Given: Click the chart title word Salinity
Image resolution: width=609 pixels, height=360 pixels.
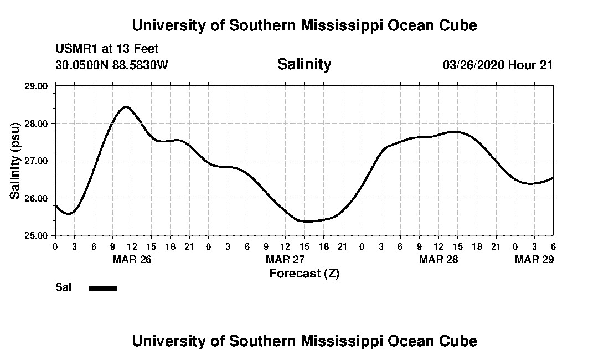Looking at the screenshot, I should [x=304, y=64].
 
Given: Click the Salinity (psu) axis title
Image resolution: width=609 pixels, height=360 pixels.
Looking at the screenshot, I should [x=16, y=161].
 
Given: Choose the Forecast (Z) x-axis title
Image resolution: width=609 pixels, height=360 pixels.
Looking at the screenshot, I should [x=304, y=274].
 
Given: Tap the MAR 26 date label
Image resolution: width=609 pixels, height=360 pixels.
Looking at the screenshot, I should [x=132, y=259].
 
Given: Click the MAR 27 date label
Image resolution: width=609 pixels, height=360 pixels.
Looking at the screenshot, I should [x=286, y=259].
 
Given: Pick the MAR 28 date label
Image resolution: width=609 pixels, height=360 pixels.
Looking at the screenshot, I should [x=439, y=259].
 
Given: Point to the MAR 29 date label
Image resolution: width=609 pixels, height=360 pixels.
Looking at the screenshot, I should [x=534, y=259].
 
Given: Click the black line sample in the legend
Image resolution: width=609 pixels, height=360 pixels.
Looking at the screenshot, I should [x=103, y=288].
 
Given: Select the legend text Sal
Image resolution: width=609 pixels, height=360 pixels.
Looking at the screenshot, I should [x=63, y=287].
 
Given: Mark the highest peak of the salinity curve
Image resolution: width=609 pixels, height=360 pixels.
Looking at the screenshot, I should [x=126, y=106].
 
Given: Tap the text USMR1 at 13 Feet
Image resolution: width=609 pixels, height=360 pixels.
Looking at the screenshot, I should [x=107, y=49].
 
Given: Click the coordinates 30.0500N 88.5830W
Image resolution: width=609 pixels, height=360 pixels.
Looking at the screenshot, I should [x=111, y=65].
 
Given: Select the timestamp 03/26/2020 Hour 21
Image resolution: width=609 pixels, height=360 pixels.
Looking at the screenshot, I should [x=498, y=65].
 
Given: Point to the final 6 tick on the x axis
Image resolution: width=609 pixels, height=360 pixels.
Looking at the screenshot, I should [x=553, y=246].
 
